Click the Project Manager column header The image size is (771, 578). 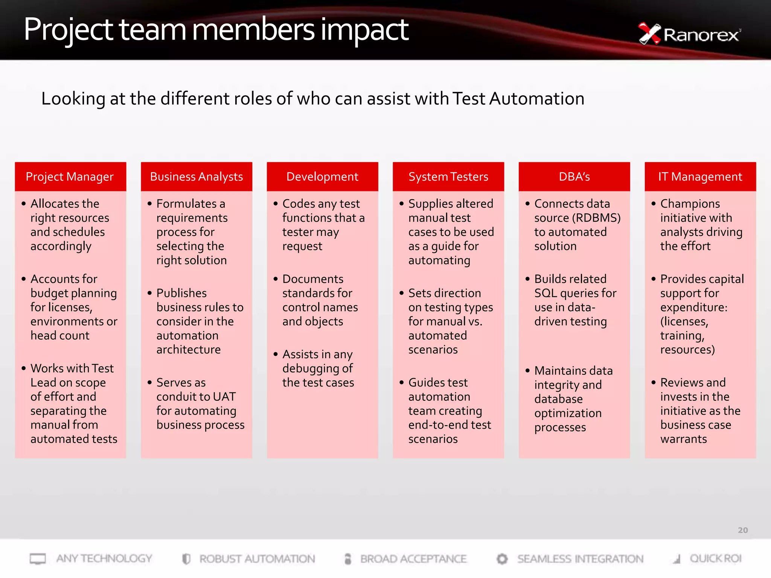coord(70,176)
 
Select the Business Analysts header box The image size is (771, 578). coord(196,176)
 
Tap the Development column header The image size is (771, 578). coord(322,176)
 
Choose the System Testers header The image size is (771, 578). coord(448,176)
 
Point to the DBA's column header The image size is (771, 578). coord(574,176)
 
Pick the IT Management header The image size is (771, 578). coord(700,176)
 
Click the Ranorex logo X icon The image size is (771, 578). coord(649,34)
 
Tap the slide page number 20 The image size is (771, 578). coord(743,530)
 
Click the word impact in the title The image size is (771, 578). coord(364,30)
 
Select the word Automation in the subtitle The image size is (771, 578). coord(537,99)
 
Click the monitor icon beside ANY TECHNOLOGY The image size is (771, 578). coord(38,559)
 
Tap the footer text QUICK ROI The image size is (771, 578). coord(715,558)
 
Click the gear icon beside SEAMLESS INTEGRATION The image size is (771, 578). coord(502,559)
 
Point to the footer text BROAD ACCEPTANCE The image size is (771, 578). coord(413,559)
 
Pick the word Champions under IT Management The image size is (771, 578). coord(690,204)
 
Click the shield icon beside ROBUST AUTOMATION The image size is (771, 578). coord(186,559)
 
